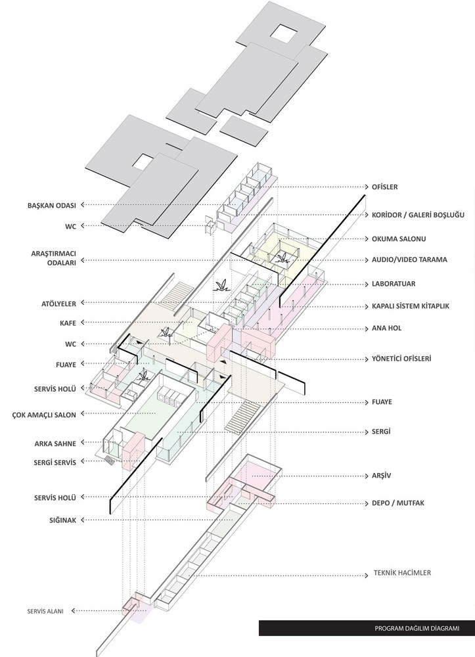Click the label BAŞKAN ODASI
pyautogui.click(x=51, y=205)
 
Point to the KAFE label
pyautogui.click(x=68, y=323)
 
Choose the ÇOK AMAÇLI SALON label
pyautogui.click(x=44, y=415)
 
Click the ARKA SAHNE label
pyautogui.click(x=55, y=443)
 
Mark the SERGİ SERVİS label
pyautogui.click(x=55, y=463)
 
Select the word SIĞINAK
pyautogui.click(x=63, y=520)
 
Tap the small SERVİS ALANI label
pyautogui.click(x=45, y=611)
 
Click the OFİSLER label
pyautogui.click(x=385, y=187)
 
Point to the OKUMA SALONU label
pyautogui.click(x=399, y=239)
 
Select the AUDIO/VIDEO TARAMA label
pyautogui.click(x=410, y=260)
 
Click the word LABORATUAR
pyautogui.click(x=394, y=284)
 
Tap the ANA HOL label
pyautogui.click(x=386, y=328)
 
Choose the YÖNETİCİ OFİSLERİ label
pyautogui.click(x=401, y=359)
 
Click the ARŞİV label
pyautogui.click(x=381, y=476)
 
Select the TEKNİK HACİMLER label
pyautogui.click(x=402, y=573)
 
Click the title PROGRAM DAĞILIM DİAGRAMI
pyautogui.click(x=417, y=628)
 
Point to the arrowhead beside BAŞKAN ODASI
pyautogui.click(x=83, y=205)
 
